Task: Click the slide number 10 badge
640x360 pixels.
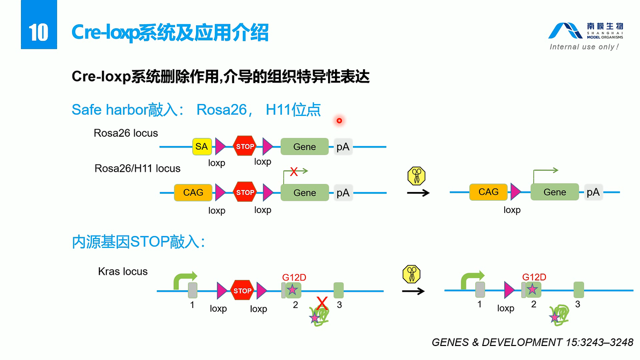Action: [39, 32]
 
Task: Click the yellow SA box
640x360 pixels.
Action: [201, 146]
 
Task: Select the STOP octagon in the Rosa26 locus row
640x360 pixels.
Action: [245, 146]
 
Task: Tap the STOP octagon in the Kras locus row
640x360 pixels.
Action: [242, 291]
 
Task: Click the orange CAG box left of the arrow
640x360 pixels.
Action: [193, 193]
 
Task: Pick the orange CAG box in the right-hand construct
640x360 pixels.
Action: [488, 192]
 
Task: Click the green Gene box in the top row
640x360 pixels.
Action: [304, 146]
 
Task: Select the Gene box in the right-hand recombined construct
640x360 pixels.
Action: [555, 192]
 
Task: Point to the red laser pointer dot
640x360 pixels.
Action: [339, 121]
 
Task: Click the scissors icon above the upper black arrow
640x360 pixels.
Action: [416, 175]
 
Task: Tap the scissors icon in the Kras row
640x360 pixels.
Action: [411, 274]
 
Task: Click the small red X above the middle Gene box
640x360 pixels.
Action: [294, 172]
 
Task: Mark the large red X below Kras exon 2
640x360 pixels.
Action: [322, 303]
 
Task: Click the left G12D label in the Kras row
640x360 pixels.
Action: [294, 277]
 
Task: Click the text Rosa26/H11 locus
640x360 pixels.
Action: [137, 168]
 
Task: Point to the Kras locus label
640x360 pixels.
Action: [122, 271]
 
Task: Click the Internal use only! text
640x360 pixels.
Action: [584, 47]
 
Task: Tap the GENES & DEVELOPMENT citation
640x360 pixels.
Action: [532, 342]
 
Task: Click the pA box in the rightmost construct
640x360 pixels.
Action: [593, 192]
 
